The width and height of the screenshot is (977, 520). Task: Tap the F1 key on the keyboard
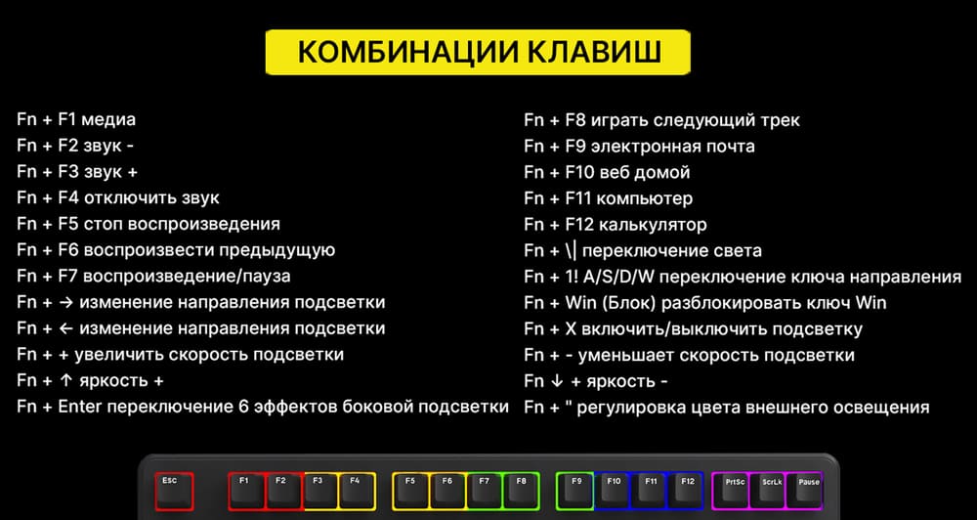(x=245, y=489)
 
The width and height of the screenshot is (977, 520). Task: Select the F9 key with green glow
(x=576, y=489)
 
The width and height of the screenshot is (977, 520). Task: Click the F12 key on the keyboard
(x=688, y=489)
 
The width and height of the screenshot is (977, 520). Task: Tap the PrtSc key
(x=736, y=490)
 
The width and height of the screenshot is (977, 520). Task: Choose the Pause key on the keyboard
(x=808, y=490)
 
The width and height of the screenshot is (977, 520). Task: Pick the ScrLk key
(x=772, y=490)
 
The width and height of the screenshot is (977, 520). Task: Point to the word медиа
(x=109, y=120)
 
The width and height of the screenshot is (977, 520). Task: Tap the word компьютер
(x=644, y=198)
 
